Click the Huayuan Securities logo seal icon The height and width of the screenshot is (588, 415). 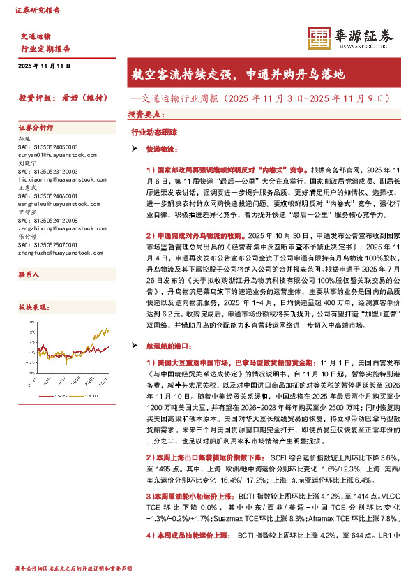click(x=319, y=38)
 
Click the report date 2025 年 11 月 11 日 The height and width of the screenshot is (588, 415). click(x=45, y=66)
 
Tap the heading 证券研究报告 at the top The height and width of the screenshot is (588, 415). click(x=38, y=12)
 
